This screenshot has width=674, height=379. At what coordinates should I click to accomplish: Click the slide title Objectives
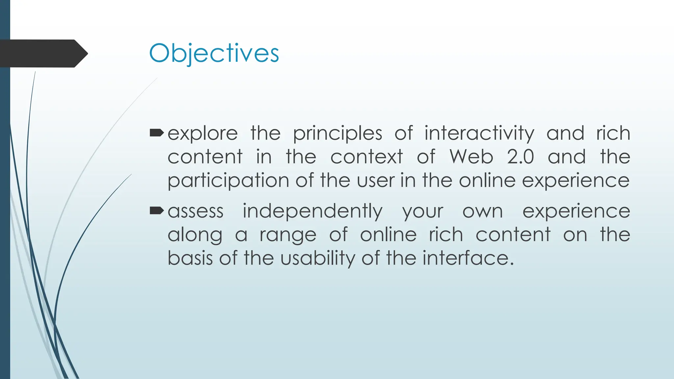coord(214,53)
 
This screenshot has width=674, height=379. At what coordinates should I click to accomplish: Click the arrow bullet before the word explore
coord(156,133)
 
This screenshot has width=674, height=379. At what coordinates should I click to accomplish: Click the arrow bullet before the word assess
coord(156,211)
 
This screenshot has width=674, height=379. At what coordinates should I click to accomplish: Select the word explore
coord(202,134)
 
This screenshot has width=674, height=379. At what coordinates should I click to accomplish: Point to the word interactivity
coord(479,134)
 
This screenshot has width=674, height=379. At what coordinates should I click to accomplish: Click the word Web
coord(471,157)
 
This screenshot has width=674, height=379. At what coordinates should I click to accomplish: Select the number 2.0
coord(520,157)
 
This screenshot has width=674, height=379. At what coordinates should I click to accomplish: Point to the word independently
coord(313,212)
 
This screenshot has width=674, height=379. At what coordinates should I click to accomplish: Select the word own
coord(482,212)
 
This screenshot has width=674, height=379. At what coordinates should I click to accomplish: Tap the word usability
coord(318,259)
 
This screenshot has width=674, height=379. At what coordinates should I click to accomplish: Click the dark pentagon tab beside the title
coord(43,53)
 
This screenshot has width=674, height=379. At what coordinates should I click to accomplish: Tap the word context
coord(366,157)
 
